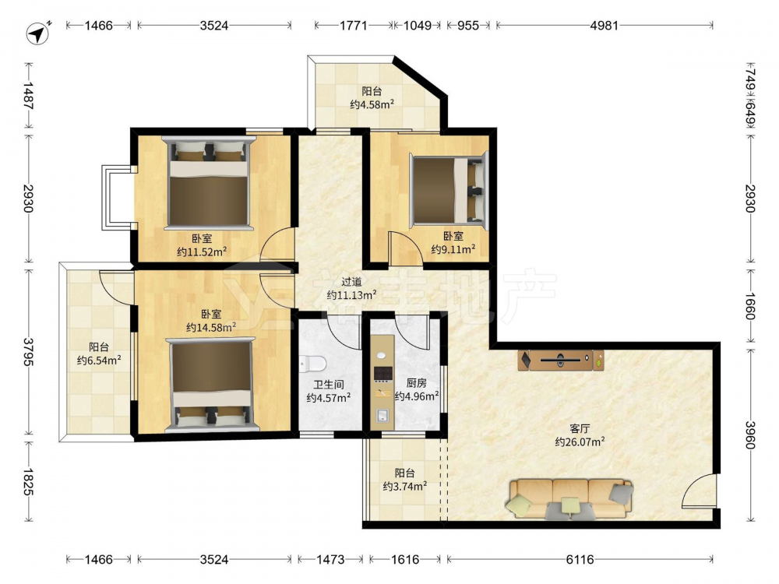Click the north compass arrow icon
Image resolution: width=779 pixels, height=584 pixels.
(37, 33)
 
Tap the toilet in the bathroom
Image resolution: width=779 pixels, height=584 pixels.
(312, 364)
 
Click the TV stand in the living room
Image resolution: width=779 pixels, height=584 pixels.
(561, 360)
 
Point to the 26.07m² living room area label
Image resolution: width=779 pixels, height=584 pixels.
(580, 442)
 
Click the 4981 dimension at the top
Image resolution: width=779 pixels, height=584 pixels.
(605, 26)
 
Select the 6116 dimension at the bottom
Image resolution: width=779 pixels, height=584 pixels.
(580, 560)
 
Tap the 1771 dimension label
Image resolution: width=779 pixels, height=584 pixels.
(353, 26)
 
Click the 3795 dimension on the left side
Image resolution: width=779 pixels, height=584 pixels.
(29, 352)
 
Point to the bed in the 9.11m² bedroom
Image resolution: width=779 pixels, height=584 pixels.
(448, 190)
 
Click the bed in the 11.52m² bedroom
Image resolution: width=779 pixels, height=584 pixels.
(209, 183)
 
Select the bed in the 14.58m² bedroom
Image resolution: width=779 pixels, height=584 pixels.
(212, 384)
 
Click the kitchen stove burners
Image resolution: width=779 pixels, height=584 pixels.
(382, 375)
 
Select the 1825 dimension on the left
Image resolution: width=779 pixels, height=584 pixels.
(29, 481)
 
